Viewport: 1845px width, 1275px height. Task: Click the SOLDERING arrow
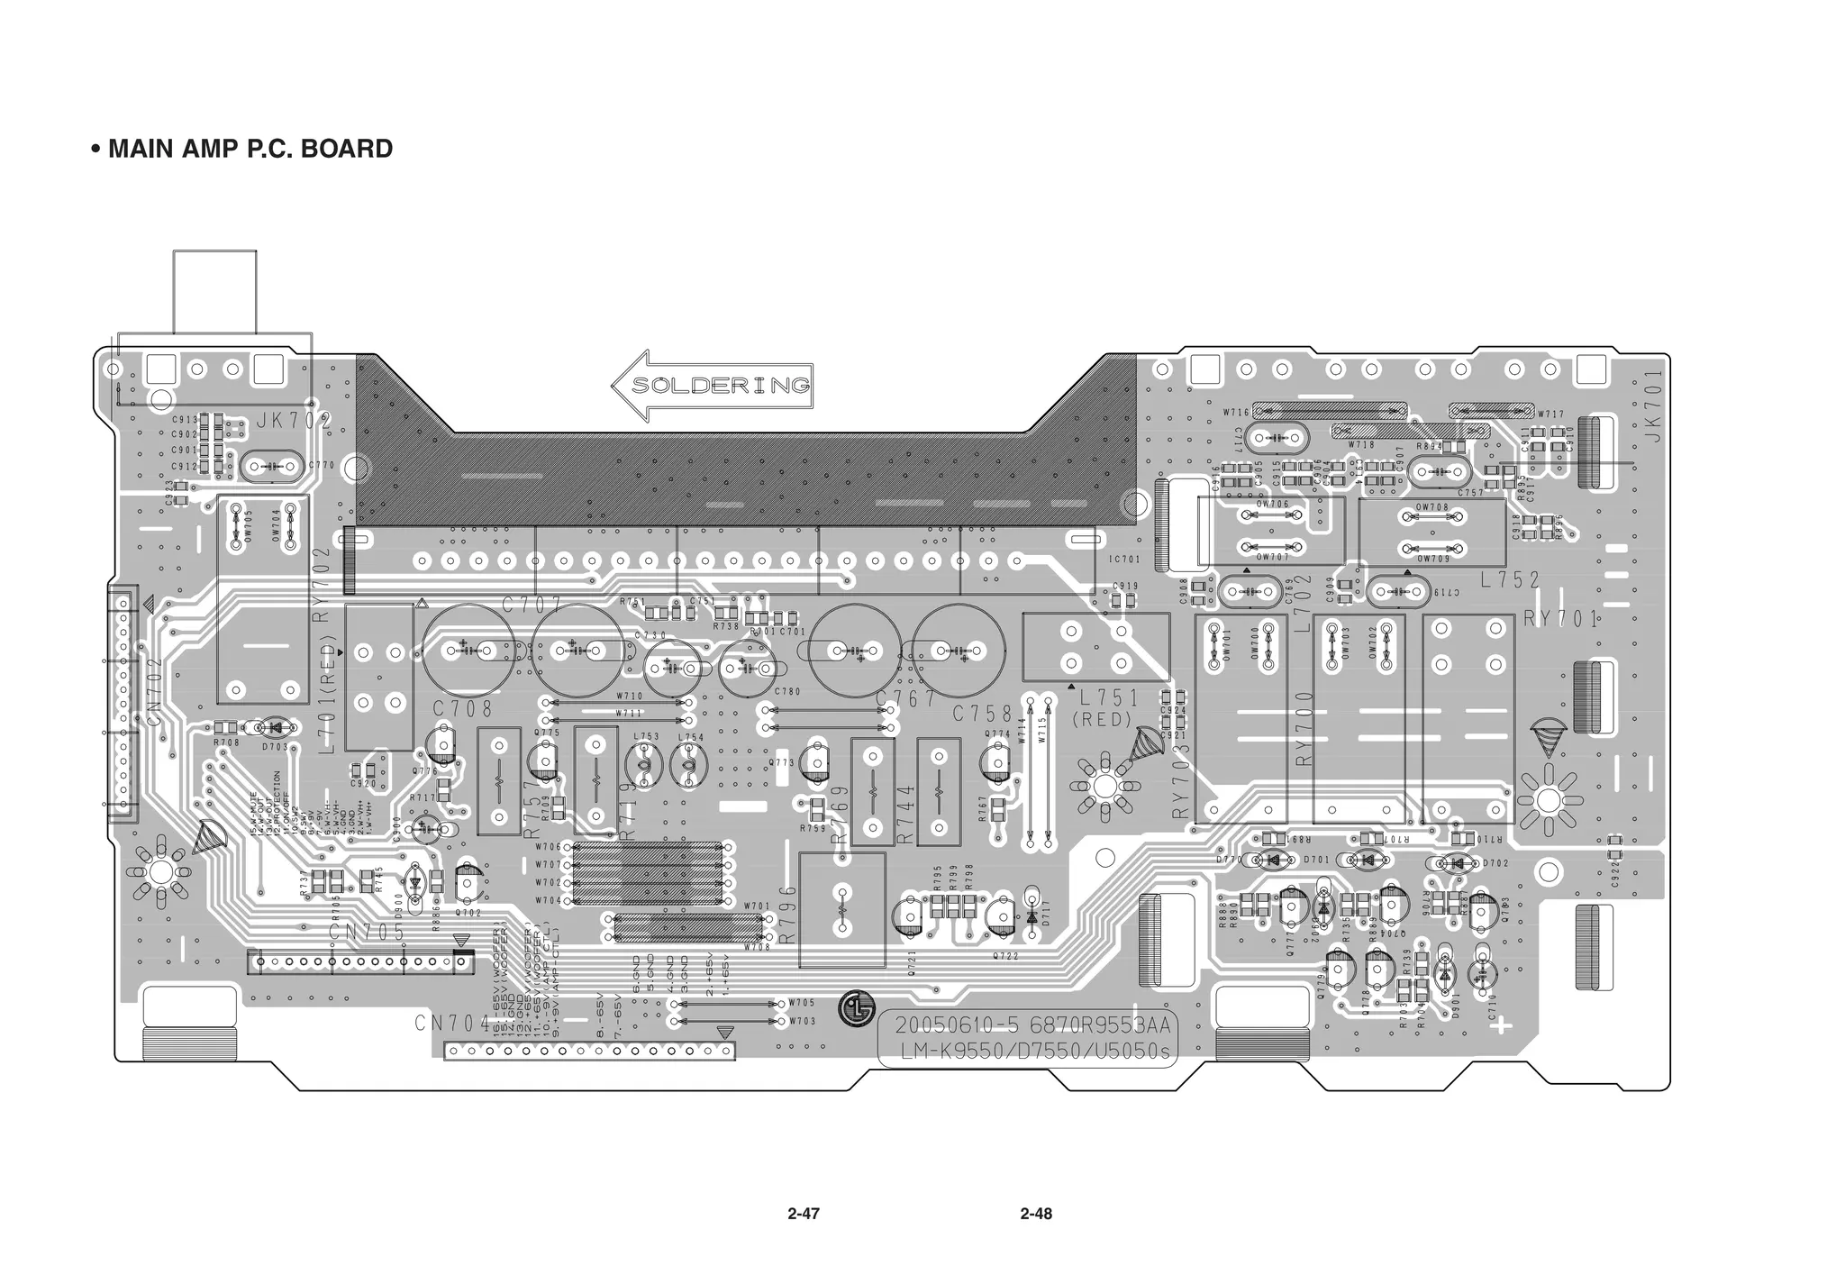[x=713, y=386]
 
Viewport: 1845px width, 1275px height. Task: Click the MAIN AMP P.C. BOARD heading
[x=241, y=149]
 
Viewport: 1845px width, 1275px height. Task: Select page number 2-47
[x=803, y=1214]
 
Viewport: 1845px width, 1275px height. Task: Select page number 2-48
[x=1036, y=1214]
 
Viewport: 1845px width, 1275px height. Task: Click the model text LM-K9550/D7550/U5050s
[x=1027, y=1052]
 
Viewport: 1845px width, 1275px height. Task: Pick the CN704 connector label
[x=452, y=1024]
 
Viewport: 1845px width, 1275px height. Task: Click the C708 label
[x=462, y=708]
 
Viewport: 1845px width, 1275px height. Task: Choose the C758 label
[x=984, y=715]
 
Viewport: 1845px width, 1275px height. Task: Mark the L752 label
[x=1510, y=580]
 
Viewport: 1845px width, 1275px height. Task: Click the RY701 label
[x=1560, y=619]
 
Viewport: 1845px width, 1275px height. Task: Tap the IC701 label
[x=1123, y=560]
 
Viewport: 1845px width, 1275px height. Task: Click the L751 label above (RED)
[x=1109, y=698]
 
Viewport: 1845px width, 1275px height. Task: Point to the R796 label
[x=787, y=914]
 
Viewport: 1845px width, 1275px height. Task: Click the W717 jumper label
[x=1551, y=414]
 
